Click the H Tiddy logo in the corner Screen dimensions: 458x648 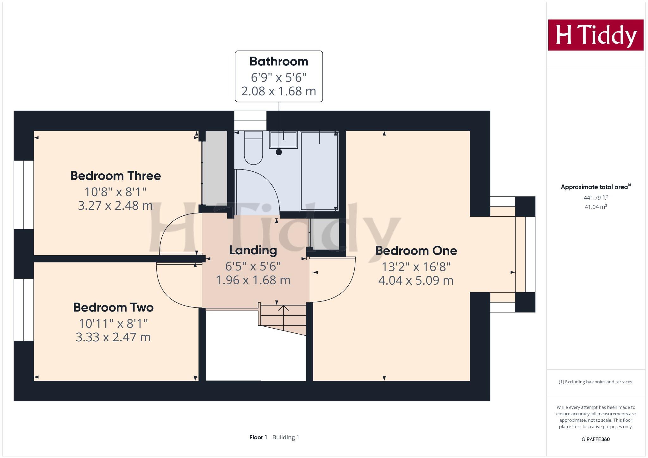(x=595, y=35)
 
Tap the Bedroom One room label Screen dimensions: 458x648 (x=416, y=251)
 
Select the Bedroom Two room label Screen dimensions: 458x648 (x=113, y=307)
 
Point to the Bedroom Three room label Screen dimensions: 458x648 (x=115, y=176)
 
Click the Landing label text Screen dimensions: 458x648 (x=253, y=250)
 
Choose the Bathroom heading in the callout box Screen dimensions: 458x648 (x=279, y=61)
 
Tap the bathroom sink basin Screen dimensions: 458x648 (x=283, y=139)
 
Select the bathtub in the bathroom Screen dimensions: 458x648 (x=319, y=171)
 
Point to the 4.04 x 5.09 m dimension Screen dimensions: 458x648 (x=416, y=281)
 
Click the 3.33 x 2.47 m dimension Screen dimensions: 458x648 (x=113, y=337)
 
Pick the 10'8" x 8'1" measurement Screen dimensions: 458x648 (x=115, y=192)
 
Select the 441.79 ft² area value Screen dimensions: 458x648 (x=595, y=198)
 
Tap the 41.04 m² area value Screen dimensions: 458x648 (x=595, y=207)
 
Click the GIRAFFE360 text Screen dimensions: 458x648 (x=595, y=439)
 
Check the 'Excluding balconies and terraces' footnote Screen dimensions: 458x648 (x=595, y=382)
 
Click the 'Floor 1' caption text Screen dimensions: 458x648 (x=258, y=437)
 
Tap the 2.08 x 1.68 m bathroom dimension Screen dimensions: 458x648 (x=279, y=91)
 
